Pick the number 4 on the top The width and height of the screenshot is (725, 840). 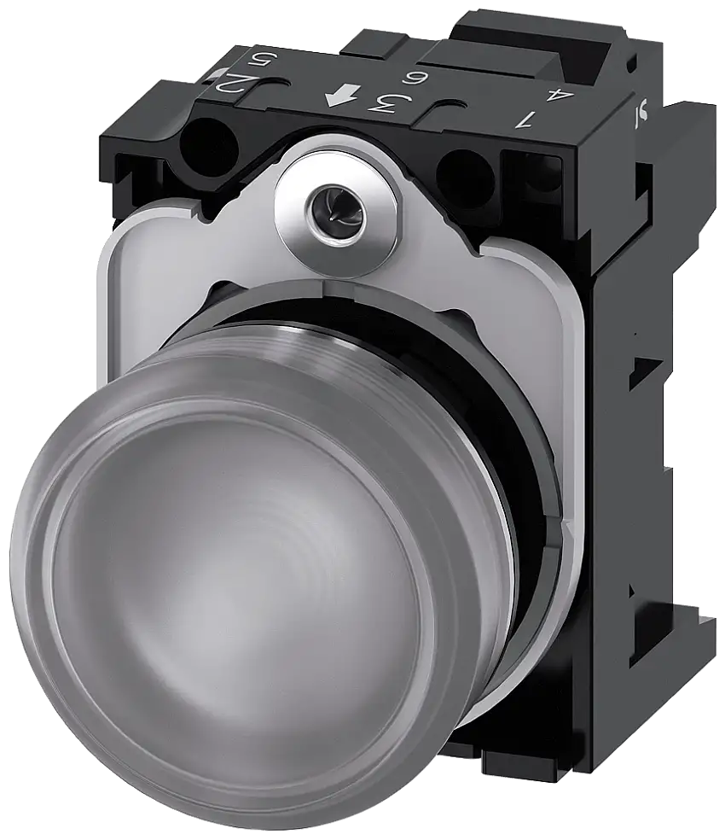click(559, 96)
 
